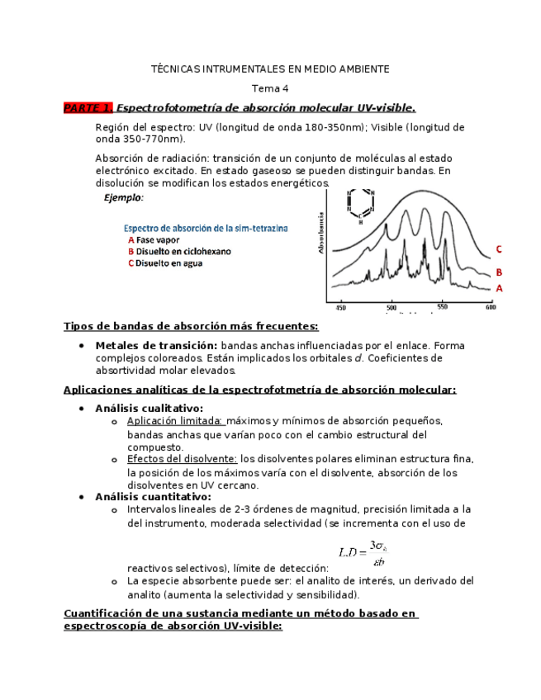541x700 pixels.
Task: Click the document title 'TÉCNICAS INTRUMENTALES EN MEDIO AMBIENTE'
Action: click(x=270, y=69)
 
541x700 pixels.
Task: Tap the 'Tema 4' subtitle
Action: click(x=270, y=88)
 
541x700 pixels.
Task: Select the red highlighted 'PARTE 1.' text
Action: click(x=88, y=108)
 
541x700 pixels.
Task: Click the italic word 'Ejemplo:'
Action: click(x=123, y=198)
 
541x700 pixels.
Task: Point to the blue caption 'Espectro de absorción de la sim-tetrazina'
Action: click(x=206, y=228)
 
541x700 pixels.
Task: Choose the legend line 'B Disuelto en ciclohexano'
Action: click(x=179, y=251)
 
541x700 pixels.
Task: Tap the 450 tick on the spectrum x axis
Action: click(x=340, y=306)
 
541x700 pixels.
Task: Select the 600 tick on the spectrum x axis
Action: click(x=491, y=306)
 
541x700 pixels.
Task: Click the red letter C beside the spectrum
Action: click(x=498, y=249)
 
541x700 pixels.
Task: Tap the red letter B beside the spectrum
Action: click(x=498, y=272)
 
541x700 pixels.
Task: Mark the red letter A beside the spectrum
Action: click(x=498, y=288)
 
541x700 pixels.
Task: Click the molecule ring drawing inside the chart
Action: click(x=360, y=205)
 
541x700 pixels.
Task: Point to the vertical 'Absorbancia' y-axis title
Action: click(x=320, y=233)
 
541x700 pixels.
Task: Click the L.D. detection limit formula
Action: click(x=363, y=552)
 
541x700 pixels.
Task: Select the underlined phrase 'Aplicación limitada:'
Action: click(x=174, y=420)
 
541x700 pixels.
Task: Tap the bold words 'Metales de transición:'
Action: click(x=156, y=345)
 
